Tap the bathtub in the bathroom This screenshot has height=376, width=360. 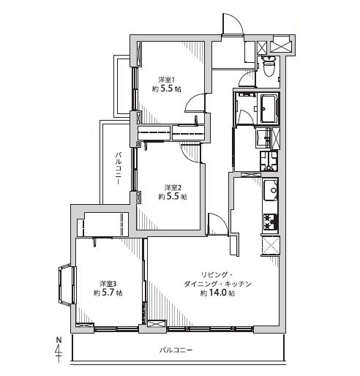[269, 108]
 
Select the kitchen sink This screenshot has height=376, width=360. [271, 190]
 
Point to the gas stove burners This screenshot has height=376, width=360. [271, 222]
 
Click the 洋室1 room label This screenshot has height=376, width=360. [167, 80]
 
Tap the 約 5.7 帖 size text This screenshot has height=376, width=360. [108, 293]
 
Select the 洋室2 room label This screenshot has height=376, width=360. [173, 187]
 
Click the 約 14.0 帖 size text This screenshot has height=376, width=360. [218, 293]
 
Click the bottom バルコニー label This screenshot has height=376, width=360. [176, 350]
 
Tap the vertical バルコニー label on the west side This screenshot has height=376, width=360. [118, 168]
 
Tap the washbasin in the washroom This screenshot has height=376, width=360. [263, 138]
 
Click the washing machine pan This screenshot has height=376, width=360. [269, 161]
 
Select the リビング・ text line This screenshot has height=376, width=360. [217, 275]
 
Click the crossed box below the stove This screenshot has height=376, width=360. [270, 246]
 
